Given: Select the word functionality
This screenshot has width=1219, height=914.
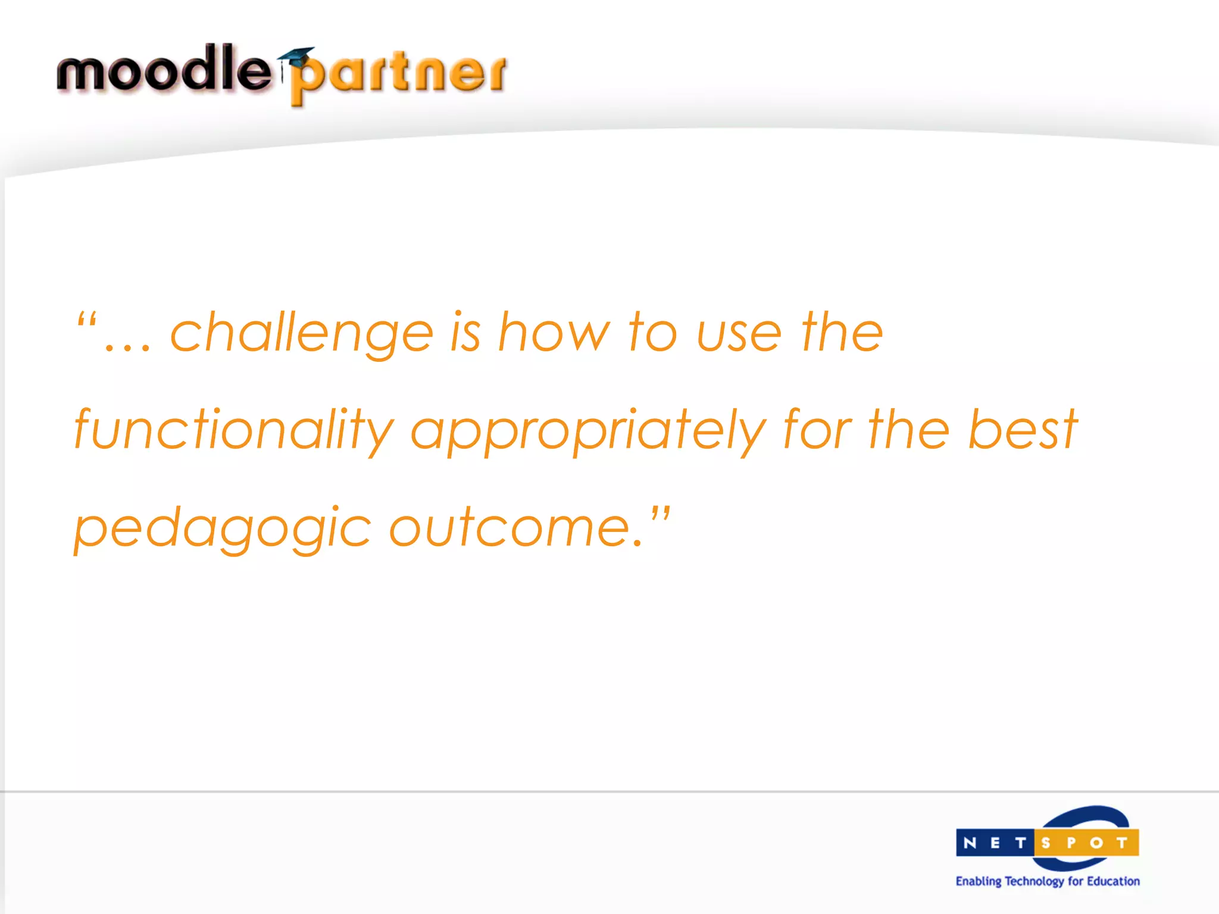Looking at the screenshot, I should coord(234,430).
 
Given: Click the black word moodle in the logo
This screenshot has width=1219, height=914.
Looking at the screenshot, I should coord(163,70).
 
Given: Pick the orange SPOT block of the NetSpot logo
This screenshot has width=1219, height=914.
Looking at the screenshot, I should coord(1087,843).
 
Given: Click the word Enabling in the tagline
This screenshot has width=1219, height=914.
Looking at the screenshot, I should coord(979,881).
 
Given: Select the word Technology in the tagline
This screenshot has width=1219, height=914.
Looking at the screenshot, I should coord(1034,881).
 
